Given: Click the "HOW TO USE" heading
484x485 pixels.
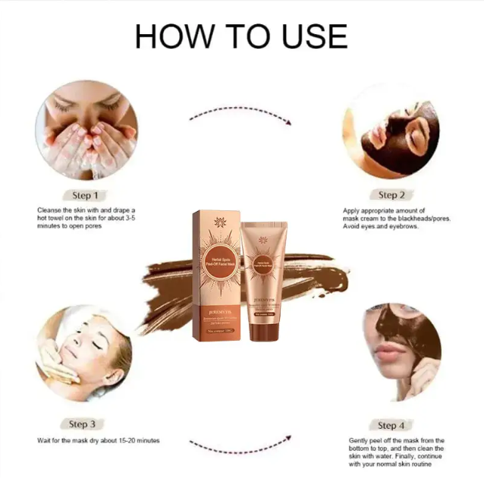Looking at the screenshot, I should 241,36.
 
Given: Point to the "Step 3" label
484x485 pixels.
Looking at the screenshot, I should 82,424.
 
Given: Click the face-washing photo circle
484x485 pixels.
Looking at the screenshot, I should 86,130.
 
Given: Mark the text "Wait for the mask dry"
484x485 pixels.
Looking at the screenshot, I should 99,440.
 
